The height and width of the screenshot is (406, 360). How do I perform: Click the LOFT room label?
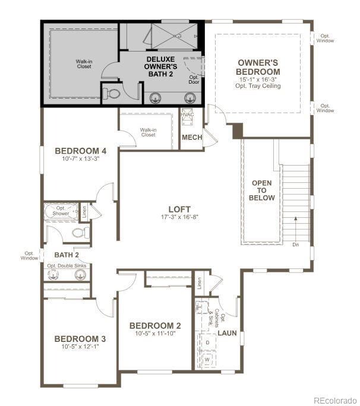coord(179,209)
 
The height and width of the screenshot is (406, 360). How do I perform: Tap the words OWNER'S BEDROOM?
coord(258,67)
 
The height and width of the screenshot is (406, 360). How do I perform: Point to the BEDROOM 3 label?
coord(80,339)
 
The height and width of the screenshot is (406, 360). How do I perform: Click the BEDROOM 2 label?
coord(155,325)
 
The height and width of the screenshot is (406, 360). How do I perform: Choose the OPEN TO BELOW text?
coord(262,190)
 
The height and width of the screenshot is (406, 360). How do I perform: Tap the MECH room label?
coord(191,138)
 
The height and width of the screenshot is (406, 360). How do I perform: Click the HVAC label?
coord(188,115)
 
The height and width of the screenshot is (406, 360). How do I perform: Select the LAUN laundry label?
coord(227,333)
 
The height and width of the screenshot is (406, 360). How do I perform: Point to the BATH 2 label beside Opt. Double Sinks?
coord(59,255)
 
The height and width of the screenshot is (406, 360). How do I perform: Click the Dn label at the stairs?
coord(296,244)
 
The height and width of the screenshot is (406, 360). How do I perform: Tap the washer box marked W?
coord(207,360)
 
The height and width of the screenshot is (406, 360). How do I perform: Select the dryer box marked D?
coord(207,342)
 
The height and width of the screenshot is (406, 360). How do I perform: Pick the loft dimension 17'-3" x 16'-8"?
coord(179,217)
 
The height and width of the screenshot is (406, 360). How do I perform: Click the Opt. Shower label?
coord(60,211)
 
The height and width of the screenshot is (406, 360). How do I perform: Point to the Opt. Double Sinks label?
coord(67,265)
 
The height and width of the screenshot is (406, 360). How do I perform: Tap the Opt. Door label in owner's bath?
coord(194,80)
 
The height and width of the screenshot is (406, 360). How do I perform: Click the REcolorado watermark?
coord(335,399)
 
